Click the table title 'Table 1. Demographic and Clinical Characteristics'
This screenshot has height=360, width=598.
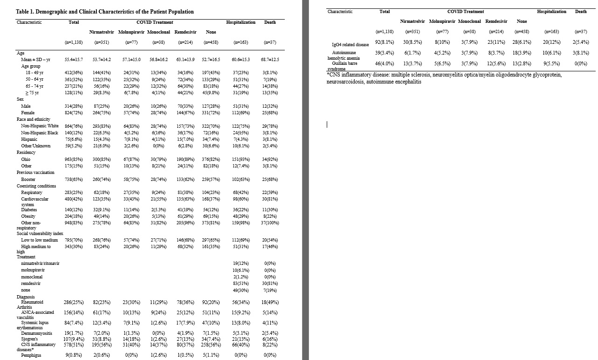click(105, 12)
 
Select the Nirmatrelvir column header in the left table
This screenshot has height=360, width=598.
click(101, 32)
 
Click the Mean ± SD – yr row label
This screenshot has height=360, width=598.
click(35, 60)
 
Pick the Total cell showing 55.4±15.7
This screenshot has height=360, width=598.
click(74, 60)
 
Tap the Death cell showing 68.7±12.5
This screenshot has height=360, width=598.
click(270, 60)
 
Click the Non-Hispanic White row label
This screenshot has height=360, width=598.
click(40, 126)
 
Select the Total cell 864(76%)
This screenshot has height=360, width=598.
click(74, 126)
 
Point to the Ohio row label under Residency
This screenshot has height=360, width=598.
click(26, 159)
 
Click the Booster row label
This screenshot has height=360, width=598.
click(28, 179)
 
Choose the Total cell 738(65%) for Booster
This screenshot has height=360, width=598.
click(74, 179)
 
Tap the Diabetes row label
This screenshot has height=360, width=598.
click(29, 210)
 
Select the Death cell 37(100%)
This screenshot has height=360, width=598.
click(270, 223)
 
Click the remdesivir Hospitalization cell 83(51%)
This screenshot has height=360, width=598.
click(241, 283)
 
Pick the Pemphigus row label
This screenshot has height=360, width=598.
click(31, 355)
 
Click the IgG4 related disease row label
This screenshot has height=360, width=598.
click(349, 45)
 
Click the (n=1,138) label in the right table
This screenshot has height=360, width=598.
click(385, 32)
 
